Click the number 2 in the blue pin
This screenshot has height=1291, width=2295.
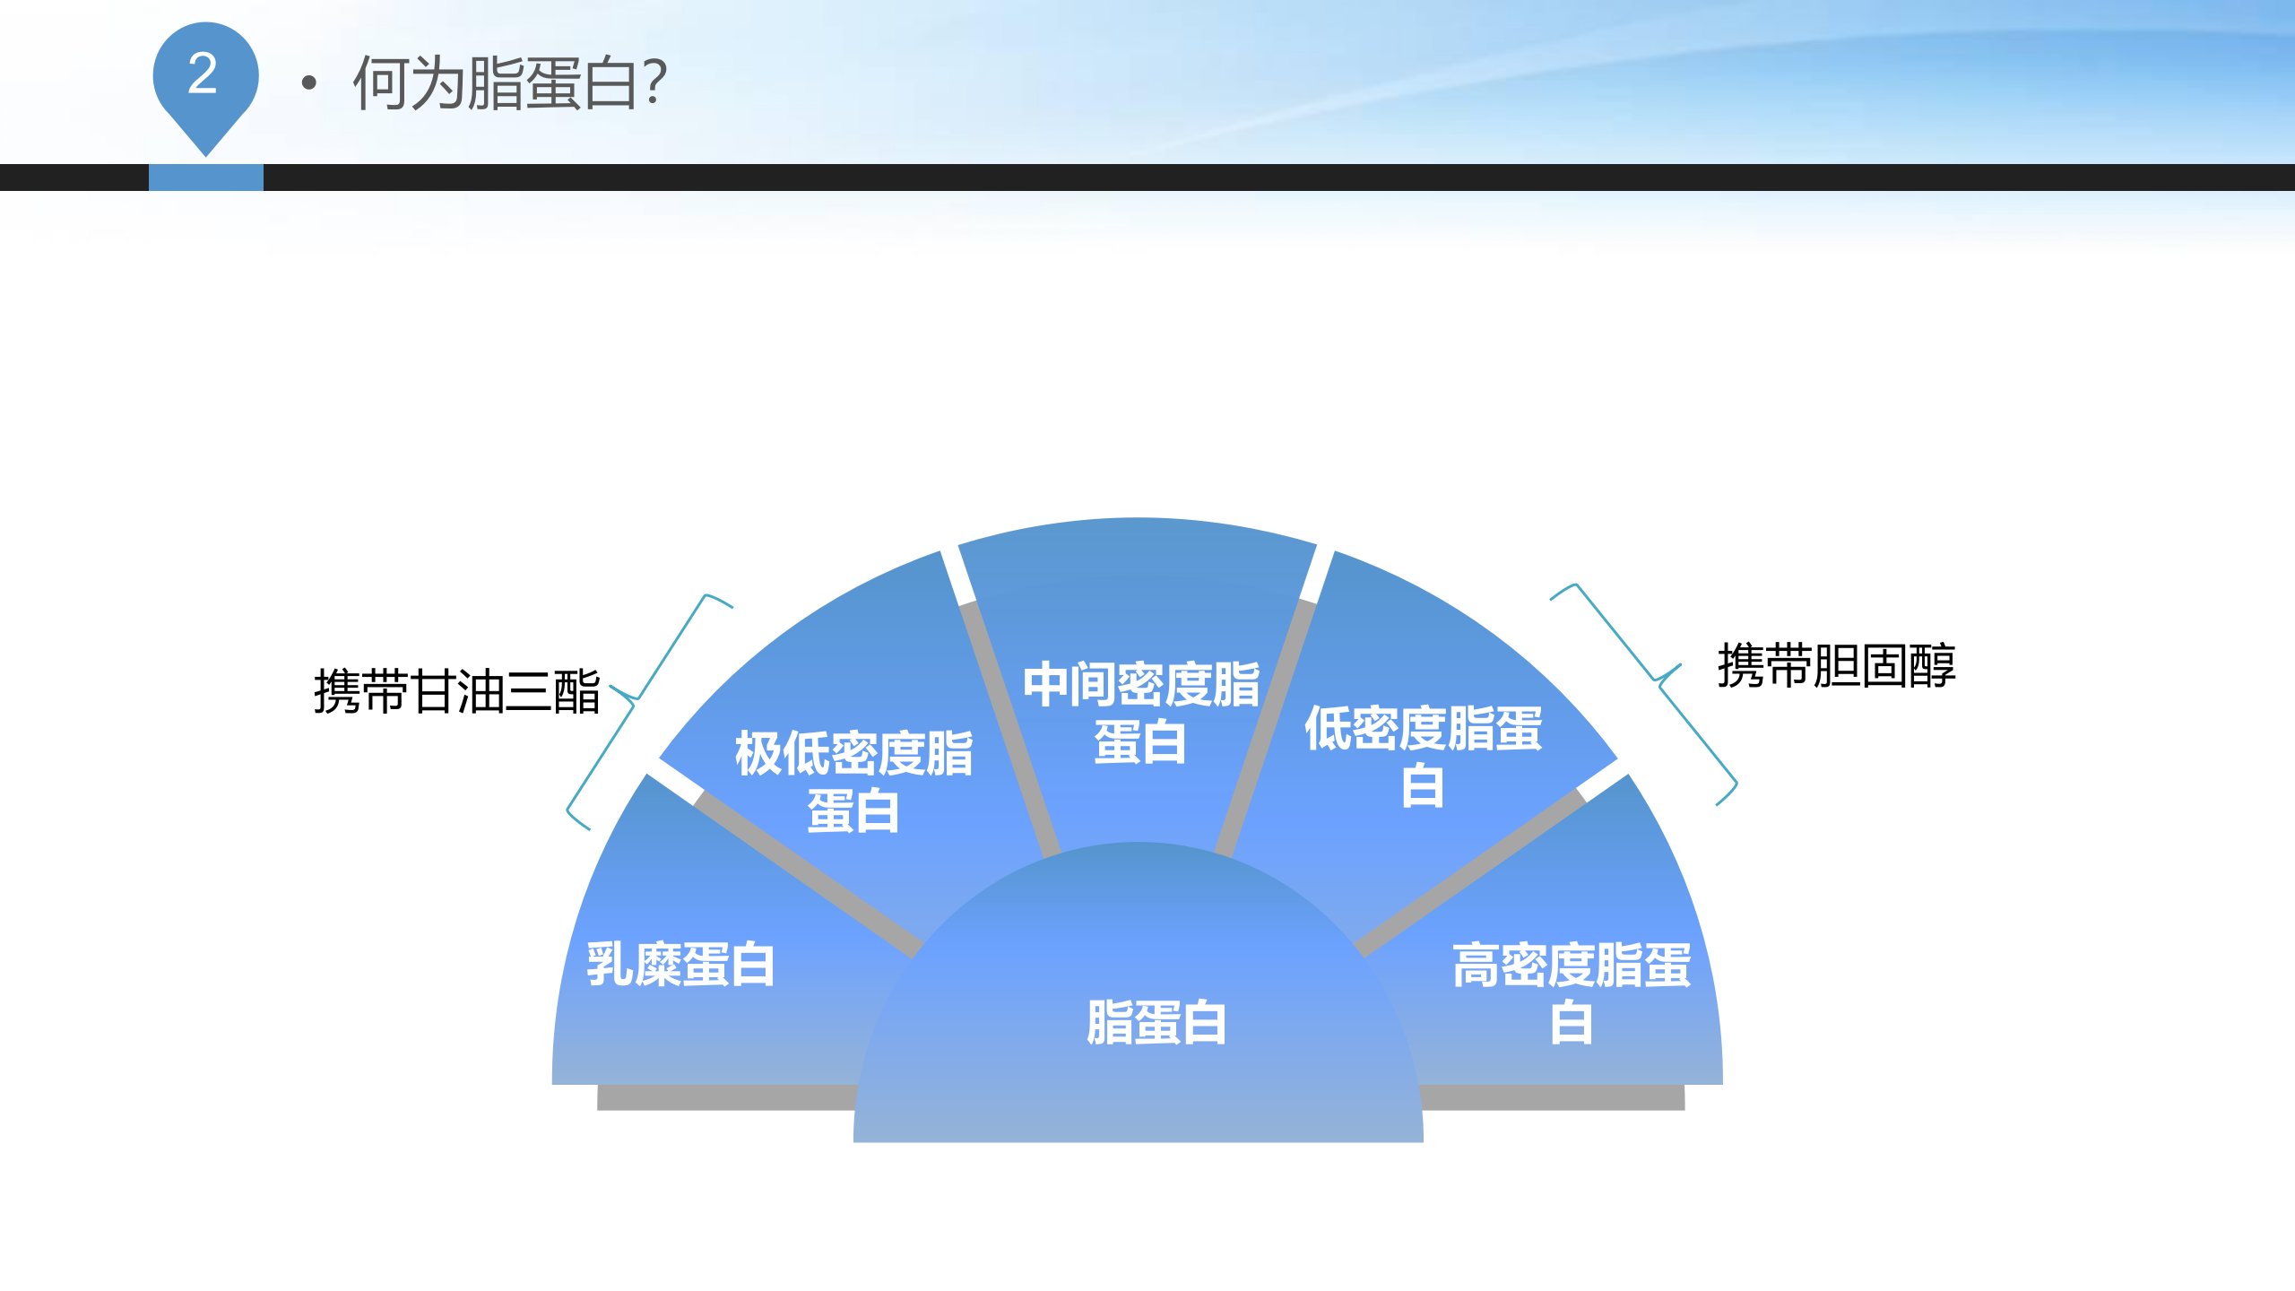point(203,74)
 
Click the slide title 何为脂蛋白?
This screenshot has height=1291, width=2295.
point(509,82)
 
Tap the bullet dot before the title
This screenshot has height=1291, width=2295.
point(309,83)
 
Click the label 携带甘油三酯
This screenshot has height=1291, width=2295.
point(457,691)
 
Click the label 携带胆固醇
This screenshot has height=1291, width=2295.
point(1836,665)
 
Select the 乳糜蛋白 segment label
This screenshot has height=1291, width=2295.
point(680,965)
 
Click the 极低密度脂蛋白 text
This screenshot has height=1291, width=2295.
point(853,782)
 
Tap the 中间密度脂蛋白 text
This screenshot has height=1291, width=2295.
point(1140,713)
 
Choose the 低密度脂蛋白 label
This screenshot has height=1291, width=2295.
point(1423,756)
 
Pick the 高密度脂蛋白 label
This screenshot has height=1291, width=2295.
point(1572,992)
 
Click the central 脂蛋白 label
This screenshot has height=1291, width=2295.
point(1156,1022)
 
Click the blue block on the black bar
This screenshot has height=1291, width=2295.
point(206,178)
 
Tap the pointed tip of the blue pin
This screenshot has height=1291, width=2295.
point(206,156)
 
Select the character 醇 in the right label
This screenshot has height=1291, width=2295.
point(1932,665)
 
